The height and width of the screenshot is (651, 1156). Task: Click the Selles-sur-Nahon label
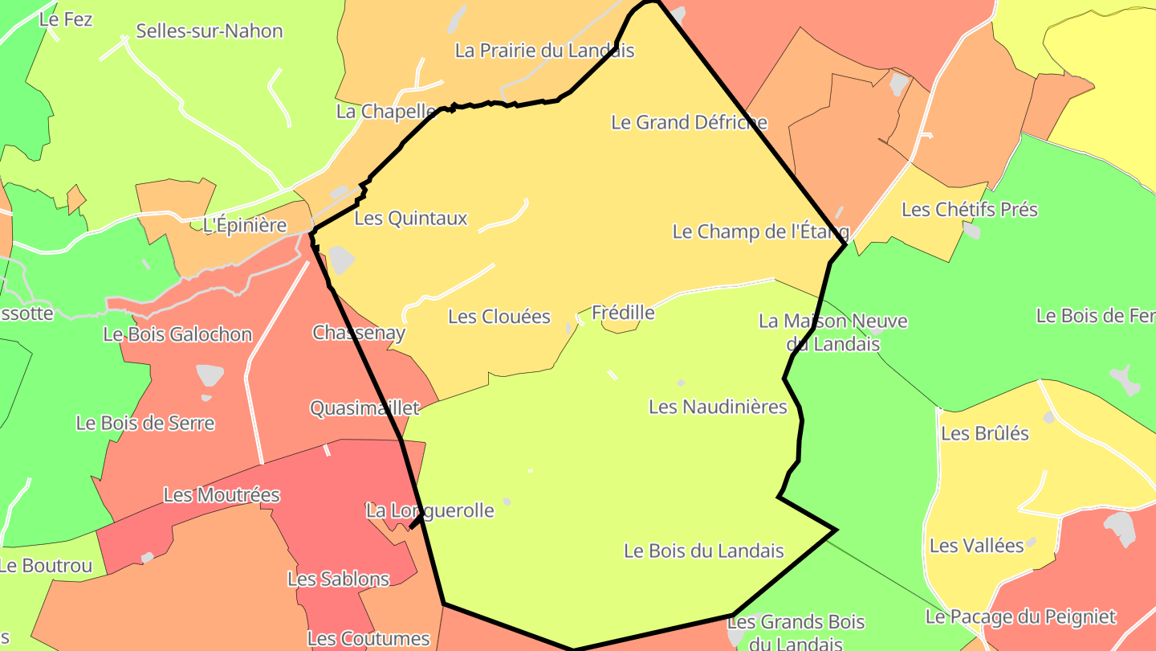click(210, 31)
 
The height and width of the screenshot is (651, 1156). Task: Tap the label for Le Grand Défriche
click(689, 122)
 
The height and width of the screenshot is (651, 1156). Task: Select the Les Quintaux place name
click(410, 218)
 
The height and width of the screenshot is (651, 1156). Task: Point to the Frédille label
click(623, 312)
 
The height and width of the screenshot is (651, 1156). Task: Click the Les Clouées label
click(499, 317)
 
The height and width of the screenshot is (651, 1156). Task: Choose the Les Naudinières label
click(718, 407)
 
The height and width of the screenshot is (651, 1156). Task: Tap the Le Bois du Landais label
click(703, 551)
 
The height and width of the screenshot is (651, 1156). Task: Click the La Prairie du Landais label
click(544, 51)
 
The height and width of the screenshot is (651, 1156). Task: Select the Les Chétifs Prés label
click(970, 210)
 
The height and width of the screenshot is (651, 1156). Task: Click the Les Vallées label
click(976, 546)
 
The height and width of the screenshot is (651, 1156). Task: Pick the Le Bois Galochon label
click(177, 334)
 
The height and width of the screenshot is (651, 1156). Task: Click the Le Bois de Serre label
click(145, 423)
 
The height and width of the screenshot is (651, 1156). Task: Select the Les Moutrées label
click(222, 495)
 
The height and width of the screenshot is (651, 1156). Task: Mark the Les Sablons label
click(338, 579)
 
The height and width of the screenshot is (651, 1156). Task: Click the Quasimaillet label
click(364, 408)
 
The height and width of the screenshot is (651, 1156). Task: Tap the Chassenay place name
click(359, 333)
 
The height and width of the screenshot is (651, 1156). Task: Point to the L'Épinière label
click(245, 225)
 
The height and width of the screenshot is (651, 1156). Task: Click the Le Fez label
click(66, 19)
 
